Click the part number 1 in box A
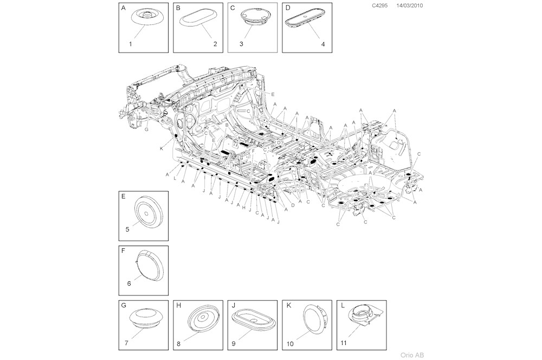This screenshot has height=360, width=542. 131,43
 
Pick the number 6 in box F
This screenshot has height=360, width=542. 129,283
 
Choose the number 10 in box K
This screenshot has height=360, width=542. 290,344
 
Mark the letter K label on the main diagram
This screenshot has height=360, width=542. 161,149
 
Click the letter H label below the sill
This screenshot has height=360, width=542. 244,208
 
